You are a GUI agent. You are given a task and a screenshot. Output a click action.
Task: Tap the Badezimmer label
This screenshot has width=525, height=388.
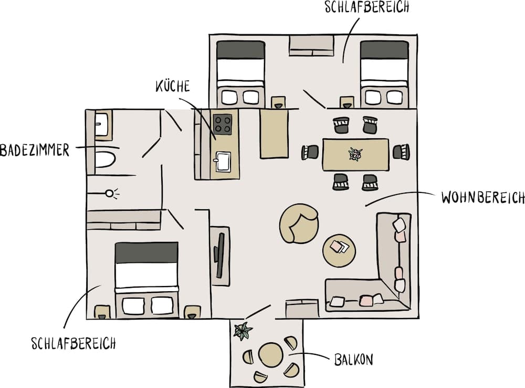tap(35, 150)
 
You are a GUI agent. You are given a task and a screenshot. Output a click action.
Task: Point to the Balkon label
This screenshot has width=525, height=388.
tap(354, 360)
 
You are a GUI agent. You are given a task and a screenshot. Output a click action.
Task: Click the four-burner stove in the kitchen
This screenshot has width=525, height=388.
tap(223, 125)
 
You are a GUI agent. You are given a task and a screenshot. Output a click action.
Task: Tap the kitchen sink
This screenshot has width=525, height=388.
tap(224, 160)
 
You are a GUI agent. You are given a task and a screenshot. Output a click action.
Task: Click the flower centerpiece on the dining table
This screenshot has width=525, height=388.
tap(355, 154)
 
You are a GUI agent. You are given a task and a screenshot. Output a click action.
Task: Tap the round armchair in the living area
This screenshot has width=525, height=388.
tap(299, 223)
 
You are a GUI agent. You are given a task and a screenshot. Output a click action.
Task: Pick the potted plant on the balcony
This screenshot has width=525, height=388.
tap(243, 331)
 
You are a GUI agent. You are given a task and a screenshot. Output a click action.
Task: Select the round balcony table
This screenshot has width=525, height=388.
tap(271, 355)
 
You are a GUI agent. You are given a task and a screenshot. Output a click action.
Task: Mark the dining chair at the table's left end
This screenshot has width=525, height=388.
tap(310, 152)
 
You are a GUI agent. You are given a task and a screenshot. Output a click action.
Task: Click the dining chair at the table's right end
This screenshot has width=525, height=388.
tap(402, 152)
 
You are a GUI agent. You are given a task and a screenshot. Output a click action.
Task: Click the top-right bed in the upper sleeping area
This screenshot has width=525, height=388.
tap(384, 74)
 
